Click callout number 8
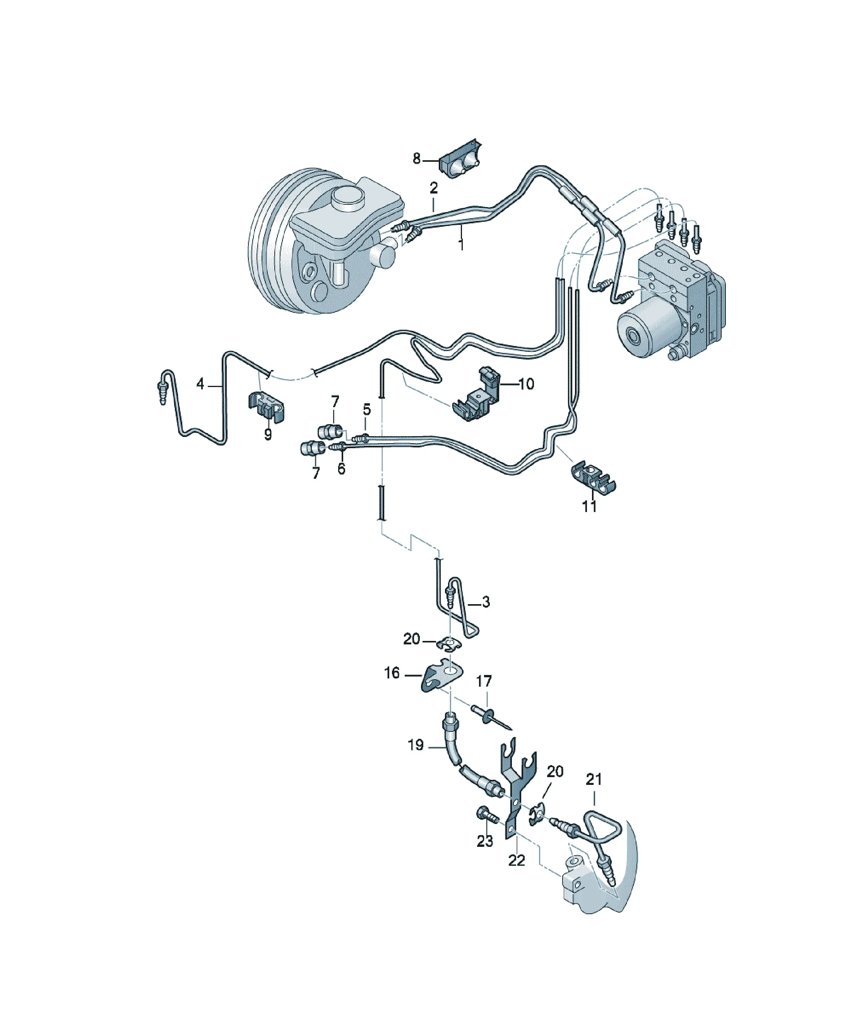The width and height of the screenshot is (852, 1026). point(416,158)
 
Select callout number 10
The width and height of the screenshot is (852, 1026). point(526,384)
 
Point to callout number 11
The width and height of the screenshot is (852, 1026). point(589,506)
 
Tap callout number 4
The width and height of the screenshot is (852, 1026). point(200,384)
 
